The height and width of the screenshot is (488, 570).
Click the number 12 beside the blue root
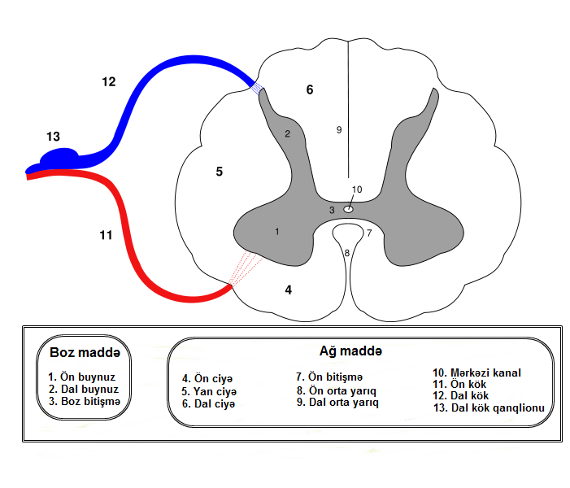coord(109,81)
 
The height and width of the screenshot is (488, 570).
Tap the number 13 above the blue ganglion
coord(54,137)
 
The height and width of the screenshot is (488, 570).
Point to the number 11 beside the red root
coord(105,235)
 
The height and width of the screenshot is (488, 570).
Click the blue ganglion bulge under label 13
coord(59,156)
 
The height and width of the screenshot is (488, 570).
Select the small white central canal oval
coord(348,209)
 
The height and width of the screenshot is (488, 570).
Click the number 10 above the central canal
coord(356,190)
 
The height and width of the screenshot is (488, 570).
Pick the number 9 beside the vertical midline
coord(339,129)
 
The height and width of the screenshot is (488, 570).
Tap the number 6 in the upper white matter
coord(309,89)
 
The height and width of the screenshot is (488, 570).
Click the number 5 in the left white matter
coord(219,171)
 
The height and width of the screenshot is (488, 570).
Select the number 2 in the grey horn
coord(287,133)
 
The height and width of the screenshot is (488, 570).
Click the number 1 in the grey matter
coord(277,232)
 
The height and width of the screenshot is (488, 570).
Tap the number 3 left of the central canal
coord(332,211)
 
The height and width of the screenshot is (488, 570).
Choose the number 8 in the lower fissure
coord(347,253)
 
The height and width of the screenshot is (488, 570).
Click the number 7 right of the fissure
coord(368,233)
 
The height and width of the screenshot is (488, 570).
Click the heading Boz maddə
coord(85,353)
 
